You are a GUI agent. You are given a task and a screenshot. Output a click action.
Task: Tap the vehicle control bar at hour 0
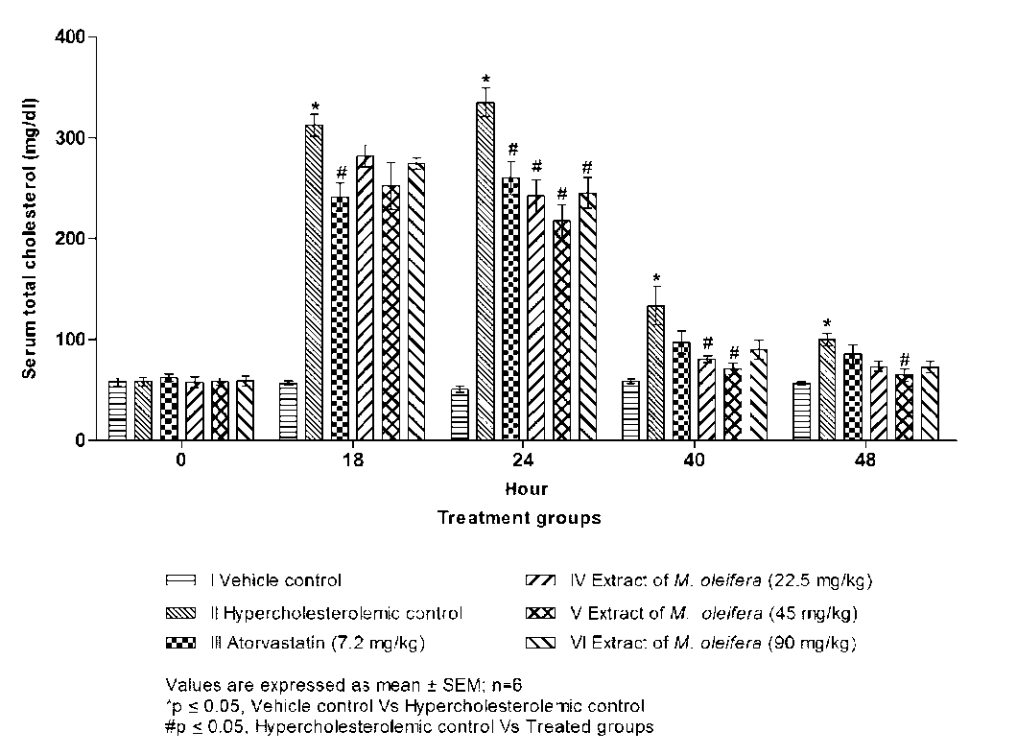117,412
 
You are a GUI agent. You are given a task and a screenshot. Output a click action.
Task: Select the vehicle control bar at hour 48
802,413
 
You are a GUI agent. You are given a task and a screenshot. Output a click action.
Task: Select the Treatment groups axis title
519,518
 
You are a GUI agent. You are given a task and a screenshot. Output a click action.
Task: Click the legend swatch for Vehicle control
180,580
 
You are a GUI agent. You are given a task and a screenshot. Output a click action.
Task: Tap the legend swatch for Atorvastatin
180,642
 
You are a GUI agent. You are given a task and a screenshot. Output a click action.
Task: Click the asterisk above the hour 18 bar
314,106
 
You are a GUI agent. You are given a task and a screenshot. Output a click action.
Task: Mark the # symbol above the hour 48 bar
905,360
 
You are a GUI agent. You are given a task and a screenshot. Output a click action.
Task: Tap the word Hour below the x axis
527,489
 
